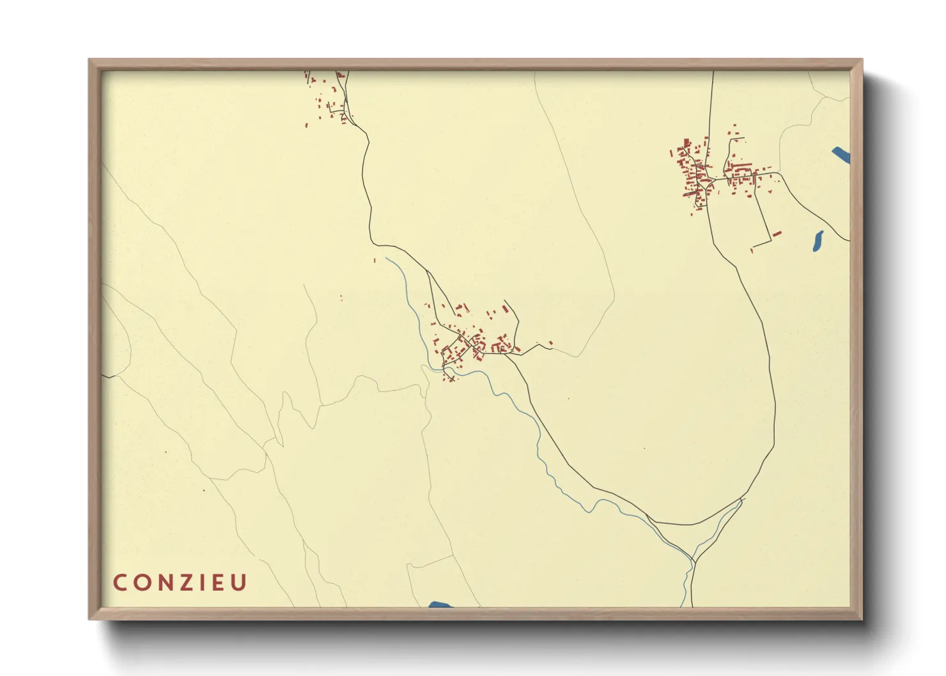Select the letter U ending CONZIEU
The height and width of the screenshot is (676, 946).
tap(238, 583)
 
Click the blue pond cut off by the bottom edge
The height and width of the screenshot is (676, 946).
tap(440, 604)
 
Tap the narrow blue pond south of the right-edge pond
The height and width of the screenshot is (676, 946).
tap(818, 240)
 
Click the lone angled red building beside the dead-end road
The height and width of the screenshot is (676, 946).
tap(777, 234)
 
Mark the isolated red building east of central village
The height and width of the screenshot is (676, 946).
tap(550, 344)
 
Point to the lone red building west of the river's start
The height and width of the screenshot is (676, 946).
tap(375, 260)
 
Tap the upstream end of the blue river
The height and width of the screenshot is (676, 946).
tap(386, 259)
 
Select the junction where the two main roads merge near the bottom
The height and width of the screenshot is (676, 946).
tap(694, 562)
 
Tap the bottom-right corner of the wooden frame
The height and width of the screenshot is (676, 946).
tap(862, 618)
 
